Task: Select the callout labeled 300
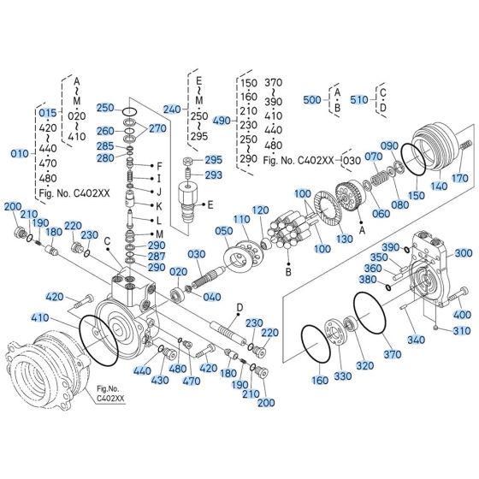(463, 253)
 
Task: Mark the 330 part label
(342, 376)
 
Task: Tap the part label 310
(463, 331)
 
